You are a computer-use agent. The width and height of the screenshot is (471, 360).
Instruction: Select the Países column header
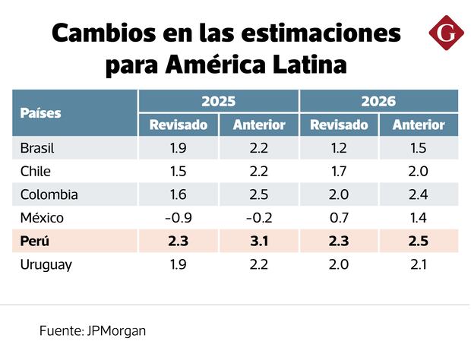pos(41,113)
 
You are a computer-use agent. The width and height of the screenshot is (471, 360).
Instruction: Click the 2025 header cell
pos(218,101)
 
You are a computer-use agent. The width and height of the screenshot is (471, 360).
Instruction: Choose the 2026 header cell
pos(378,101)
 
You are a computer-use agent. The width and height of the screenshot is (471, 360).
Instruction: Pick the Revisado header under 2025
pos(179,125)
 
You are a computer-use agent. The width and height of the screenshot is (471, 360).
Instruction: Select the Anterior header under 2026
pos(419,125)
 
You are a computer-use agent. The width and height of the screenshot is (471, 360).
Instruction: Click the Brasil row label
pos(38,147)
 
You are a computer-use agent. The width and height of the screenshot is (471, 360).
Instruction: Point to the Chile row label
pos(35,171)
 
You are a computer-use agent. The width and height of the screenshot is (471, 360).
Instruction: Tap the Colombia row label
pos(49,194)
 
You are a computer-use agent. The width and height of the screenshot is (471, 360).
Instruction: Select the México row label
pos(42,218)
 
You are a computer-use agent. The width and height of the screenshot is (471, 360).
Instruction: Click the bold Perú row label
pos(35,242)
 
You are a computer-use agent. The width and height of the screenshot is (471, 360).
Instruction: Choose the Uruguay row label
pos(46,264)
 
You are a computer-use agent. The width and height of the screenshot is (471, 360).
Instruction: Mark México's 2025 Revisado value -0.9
pos(179,218)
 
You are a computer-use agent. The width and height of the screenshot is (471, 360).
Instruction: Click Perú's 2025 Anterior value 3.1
pos(259,242)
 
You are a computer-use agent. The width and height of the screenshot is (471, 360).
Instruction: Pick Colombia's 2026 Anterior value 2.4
pos(419,194)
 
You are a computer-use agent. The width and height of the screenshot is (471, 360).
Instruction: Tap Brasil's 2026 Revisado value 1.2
pos(339,147)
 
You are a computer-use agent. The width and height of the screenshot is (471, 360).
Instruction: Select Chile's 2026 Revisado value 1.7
pos(339,171)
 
